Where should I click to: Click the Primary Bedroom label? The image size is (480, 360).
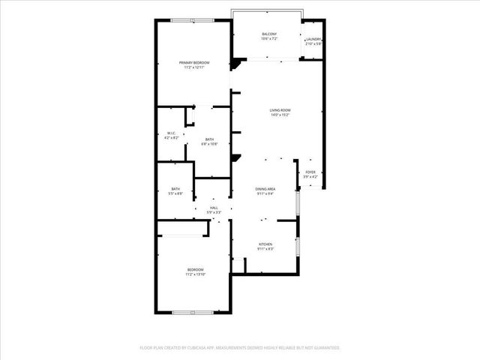coord(193,61)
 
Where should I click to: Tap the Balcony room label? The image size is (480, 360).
coord(269,34)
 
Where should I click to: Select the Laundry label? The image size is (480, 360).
coord(313,39)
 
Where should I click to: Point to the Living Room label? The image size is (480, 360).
coord(280,110)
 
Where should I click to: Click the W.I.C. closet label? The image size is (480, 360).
coord(171,133)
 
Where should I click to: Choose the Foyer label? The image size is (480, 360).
coord(310,172)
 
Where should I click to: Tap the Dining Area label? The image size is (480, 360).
coord(265,188)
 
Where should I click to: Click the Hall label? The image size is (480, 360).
coord(214,207)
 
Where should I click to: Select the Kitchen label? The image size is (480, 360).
coord(265,244)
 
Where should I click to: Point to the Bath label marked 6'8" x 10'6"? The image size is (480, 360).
coord(210,139)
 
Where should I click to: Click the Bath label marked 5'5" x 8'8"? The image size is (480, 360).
coord(175,188)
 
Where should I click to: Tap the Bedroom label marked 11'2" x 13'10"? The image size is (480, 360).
coord(195,269)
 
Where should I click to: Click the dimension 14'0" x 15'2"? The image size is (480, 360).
coord(280,115)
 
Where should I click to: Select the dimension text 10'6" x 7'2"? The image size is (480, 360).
coord(269,39)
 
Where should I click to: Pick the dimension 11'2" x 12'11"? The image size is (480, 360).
coord(194,67)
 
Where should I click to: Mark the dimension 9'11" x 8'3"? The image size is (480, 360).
coord(265,249)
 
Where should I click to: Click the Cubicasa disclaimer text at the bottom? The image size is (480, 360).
coord(240,348)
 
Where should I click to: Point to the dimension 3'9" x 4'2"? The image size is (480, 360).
coord(310,177)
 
